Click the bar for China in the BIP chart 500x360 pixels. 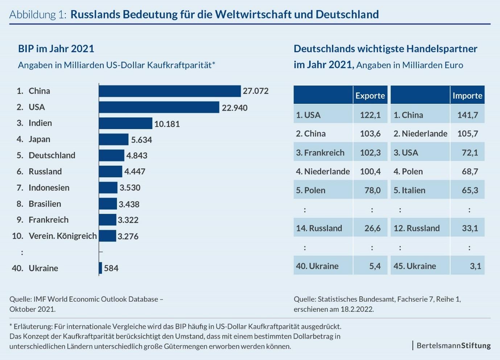[x=170, y=91]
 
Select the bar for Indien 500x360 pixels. [x=125, y=123]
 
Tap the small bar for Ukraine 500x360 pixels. [x=100, y=268]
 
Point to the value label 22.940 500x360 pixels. [x=235, y=108]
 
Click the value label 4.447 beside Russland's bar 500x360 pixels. [x=135, y=172]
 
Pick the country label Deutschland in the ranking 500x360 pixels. [x=52, y=155]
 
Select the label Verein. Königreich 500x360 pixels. [x=63, y=236]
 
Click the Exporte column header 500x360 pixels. [x=370, y=95]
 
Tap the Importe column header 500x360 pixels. [x=467, y=95]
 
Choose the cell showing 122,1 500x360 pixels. [x=370, y=115]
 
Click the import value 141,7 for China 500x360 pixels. [x=467, y=115]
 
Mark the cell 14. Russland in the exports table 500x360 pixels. [x=319, y=228]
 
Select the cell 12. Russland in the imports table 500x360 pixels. [x=417, y=228]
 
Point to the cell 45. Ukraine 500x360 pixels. [x=415, y=266]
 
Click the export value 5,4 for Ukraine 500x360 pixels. [x=375, y=266]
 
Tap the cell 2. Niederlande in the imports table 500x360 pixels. [x=420, y=134]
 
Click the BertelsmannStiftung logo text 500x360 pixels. [x=454, y=345]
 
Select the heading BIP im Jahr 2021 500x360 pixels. [x=56, y=49]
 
